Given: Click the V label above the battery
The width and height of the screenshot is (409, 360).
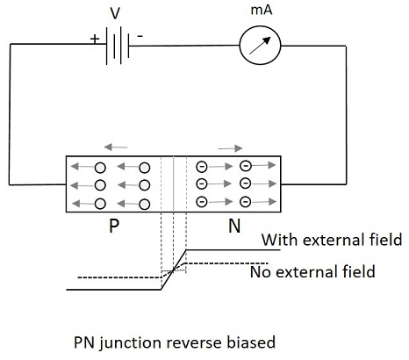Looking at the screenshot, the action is [x=115, y=13].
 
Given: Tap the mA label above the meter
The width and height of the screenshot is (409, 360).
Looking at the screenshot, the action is [x=262, y=10].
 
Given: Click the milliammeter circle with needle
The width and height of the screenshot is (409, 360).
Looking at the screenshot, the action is [x=260, y=46].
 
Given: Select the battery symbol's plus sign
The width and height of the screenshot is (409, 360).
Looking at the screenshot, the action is [x=95, y=39].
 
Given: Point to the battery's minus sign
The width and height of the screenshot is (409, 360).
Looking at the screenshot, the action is [x=140, y=36].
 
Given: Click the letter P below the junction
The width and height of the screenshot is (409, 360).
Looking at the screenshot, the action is [x=114, y=226].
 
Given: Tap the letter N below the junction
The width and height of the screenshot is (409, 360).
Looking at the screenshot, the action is [x=234, y=226].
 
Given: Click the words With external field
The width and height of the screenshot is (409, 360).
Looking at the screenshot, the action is [x=332, y=240].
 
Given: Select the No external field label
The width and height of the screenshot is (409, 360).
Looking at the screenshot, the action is [x=312, y=271].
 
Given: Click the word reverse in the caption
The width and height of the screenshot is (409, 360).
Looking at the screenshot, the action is [x=197, y=342].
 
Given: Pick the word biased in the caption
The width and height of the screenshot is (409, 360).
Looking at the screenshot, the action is [x=251, y=342].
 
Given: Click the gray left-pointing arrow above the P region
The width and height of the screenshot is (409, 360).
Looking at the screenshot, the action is [x=116, y=147].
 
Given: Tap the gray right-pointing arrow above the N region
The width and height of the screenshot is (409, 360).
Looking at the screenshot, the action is [x=230, y=148].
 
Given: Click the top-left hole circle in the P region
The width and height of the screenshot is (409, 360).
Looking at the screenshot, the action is [x=100, y=168].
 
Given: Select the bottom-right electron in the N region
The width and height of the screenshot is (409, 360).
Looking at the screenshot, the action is [x=246, y=202].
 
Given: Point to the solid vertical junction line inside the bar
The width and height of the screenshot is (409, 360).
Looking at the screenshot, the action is [x=174, y=184].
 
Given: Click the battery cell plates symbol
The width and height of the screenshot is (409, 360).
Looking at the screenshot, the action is [x=118, y=46].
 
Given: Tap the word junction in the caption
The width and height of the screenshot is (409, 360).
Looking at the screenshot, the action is [x=134, y=343].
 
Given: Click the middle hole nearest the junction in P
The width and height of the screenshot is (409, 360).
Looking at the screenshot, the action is [x=145, y=185].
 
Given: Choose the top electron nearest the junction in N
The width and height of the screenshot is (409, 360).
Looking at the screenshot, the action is [x=202, y=167].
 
